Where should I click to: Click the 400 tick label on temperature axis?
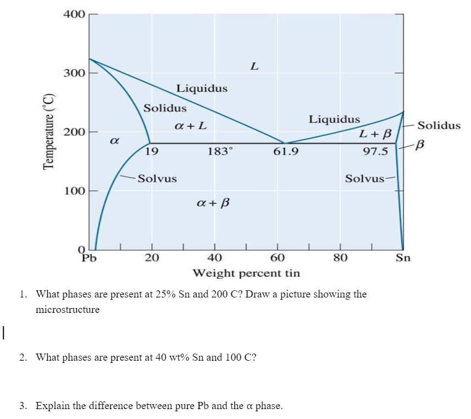click(x=74, y=14)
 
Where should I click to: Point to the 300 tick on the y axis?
click(x=74, y=73)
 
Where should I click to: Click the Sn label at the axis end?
click(x=403, y=257)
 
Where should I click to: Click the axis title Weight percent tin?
click(x=246, y=273)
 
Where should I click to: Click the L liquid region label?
click(x=254, y=67)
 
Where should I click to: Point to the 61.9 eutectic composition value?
click(x=285, y=150)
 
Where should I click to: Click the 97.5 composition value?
click(x=375, y=151)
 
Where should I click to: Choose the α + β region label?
click(x=212, y=203)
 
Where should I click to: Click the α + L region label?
click(x=190, y=126)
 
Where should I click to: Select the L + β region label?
click(x=375, y=134)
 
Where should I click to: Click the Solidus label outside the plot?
click(x=439, y=125)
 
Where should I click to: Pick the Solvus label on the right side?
click(x=365, y=179)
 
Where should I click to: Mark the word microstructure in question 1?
click(x=68, y=309)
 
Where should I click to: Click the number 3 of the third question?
click(x=22, y=406)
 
